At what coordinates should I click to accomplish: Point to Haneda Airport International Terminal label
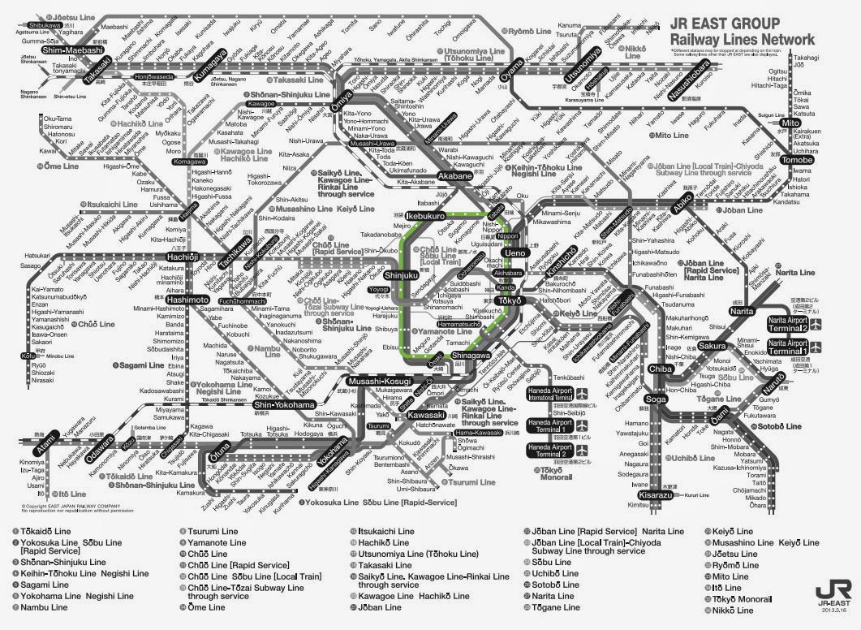point(551,395)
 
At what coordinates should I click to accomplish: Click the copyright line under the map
point(73,508)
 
